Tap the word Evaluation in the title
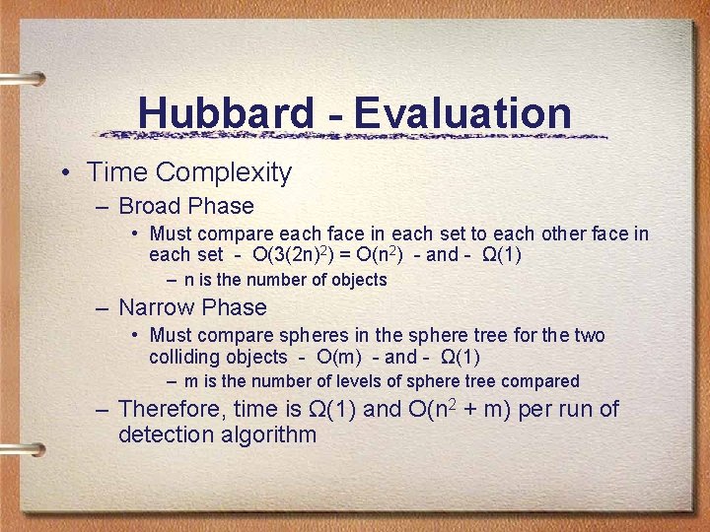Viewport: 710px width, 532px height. pos(462,113)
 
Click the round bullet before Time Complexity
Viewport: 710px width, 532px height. pos(64,173)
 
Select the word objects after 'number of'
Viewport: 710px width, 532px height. pos(354,280)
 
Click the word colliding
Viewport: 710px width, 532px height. pos(184,357)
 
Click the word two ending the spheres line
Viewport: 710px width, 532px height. pos(589,335)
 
